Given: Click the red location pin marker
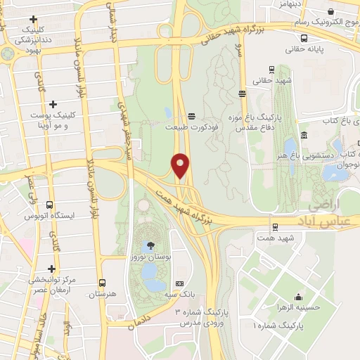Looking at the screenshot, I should click(x=180, y=165).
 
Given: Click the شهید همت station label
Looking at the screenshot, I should click(x=273, y=238).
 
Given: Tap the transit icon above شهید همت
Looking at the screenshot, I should click(x=274, y=226).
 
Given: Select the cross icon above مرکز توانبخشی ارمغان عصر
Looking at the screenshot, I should click(x=51, y=268).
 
